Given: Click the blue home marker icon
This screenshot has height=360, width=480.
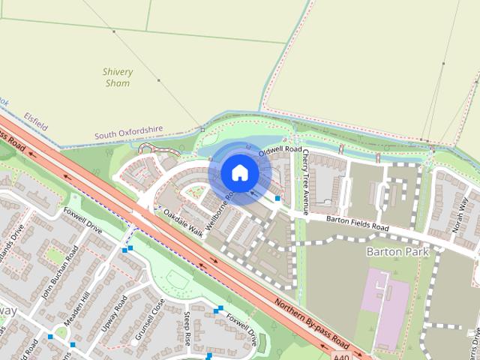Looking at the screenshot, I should pos(239,173).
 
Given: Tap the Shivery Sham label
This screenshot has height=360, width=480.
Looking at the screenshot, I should pos(118,77).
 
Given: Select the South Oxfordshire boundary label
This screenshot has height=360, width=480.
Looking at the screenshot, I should pos(128,132).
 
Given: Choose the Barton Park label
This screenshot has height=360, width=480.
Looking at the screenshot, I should pos(397,252).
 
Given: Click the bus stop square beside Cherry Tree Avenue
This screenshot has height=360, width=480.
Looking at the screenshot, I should pos(278,199).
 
